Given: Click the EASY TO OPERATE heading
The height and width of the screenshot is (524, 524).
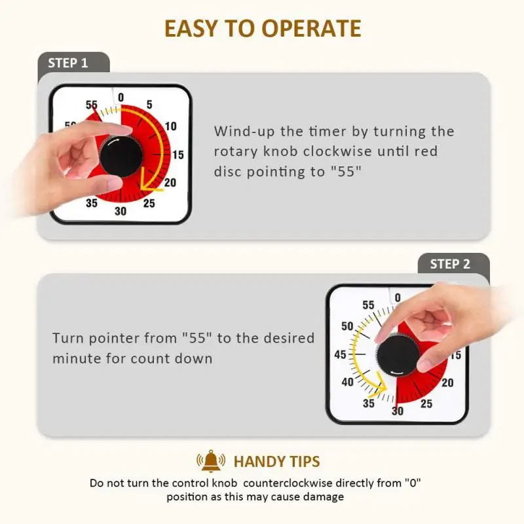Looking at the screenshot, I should coord(262,28).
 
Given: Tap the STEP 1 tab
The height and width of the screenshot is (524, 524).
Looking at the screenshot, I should coord(67,64).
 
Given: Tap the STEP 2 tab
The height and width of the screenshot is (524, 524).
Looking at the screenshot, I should coord(450,265).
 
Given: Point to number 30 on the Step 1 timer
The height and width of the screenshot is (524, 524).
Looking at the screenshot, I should coord(121,211).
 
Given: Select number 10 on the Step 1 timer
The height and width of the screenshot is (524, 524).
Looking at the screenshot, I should coord(170,126).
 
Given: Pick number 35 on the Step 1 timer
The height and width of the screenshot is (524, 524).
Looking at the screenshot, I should coord(92,203).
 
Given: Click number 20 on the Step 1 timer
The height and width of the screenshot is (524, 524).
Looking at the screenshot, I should coord(170,183).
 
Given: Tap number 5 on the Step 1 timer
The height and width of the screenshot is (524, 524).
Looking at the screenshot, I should coord(149,105).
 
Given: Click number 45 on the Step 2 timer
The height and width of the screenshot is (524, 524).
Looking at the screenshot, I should coord(341,354).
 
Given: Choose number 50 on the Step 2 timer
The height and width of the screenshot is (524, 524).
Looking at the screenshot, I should coord(348,326).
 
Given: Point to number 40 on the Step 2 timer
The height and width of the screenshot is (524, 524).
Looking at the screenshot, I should coord(348,383).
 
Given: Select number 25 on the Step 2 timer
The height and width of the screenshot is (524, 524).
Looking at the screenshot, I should coord(426,403).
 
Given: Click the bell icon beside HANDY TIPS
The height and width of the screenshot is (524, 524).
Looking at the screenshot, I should coord(211,462).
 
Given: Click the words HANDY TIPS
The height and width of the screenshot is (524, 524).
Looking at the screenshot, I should coord(277,462).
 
